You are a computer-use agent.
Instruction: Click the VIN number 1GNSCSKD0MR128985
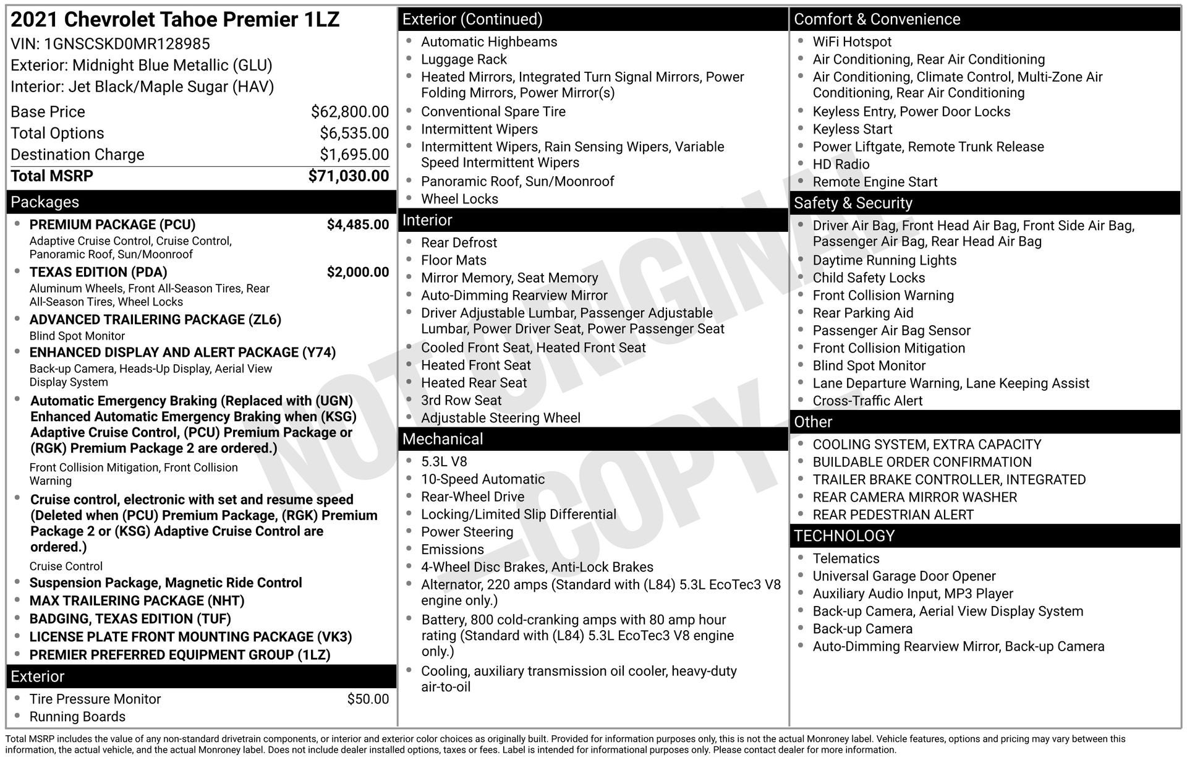click(127, 44)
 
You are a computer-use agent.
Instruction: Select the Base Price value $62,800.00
click(350, 112)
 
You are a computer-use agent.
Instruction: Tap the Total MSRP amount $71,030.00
click(349, 176)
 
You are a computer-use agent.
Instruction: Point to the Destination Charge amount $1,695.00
click(354, 155)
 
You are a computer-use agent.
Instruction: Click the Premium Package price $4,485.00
click(358, 224)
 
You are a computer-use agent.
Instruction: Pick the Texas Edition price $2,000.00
click(358, 272)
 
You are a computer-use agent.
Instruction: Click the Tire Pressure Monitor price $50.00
click(368, 699)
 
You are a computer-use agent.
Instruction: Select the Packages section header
click(45, 202)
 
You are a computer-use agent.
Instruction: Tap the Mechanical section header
click(443, 439)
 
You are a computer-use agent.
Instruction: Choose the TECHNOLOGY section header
click(844, 536)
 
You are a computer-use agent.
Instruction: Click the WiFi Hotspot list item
click(852, 42)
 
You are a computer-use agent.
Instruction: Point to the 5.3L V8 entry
click(444, 462)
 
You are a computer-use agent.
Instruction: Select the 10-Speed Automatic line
click(483, 479)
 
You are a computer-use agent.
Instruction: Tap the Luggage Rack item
click(464, 59)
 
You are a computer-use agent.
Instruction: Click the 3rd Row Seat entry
click(461, 401)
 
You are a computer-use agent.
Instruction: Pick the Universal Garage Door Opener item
click(904, 576)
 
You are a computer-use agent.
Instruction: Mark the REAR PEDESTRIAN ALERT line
click(893, 515)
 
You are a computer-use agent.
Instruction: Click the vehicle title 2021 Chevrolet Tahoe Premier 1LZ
click(175, 20)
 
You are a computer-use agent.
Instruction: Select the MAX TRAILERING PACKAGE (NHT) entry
click(137, 601)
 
